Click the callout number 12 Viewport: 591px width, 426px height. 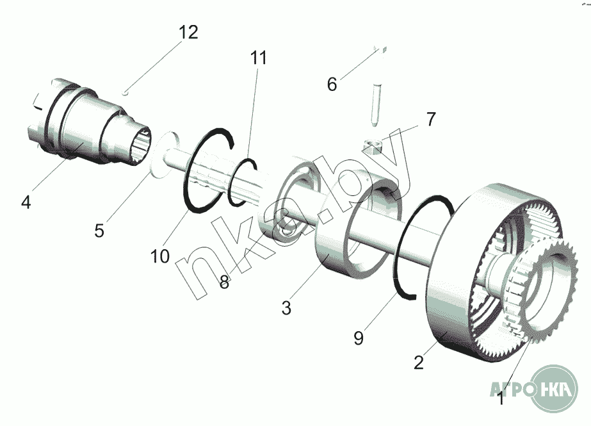tap(188, 32)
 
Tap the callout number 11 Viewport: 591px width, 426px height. tap(258, 58)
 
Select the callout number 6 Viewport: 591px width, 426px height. tap(332, 84)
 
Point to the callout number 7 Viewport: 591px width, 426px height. tap(431, 119)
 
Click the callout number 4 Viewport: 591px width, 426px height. tap(26, 202)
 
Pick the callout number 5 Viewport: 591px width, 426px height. tap(99, 230)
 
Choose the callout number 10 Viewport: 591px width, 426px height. tap(160, 256)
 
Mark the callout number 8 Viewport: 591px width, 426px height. tap(224, 282)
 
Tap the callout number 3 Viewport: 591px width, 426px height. tap(286, 307)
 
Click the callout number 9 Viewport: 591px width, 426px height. tap(359, 337)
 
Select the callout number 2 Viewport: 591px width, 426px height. tap(419, 363)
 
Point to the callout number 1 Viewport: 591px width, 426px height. tap(501, 400)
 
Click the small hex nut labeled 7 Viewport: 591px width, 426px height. tap(372, 147)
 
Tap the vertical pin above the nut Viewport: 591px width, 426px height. tap(375, 104)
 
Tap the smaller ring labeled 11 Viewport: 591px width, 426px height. tap(241, 183)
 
